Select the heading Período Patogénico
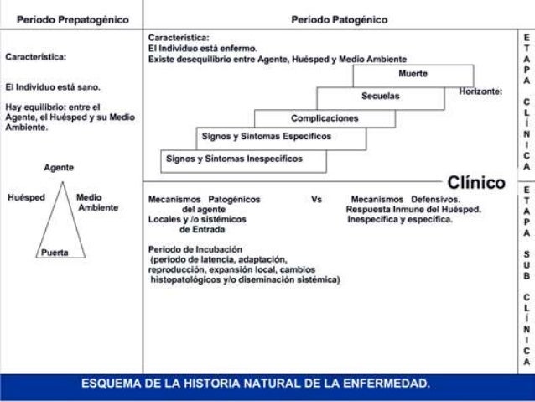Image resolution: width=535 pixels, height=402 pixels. (x=339, y=18)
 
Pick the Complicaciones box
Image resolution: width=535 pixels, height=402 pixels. (x=324, y=118)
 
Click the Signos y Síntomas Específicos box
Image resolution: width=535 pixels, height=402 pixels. (x=266, y=136)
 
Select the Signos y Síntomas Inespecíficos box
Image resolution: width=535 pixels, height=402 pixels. (x=234, y=158)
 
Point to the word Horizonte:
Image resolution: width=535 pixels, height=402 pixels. (x=480, y=91)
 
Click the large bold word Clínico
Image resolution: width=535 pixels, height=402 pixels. (x=475, y=182)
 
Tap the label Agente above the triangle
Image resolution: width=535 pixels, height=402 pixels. (x=59, y=168)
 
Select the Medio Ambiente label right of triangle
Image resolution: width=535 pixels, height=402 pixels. (x=96, y=203)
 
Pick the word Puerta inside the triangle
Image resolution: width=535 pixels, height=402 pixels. (x=55, y=251)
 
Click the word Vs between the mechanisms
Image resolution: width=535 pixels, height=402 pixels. (x=316, y=200)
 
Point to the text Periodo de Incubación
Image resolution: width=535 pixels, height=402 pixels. (x=195, y=249)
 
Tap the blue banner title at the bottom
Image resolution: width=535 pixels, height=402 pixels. (x=256, y=384)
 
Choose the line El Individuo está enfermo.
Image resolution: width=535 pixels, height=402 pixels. (x=202, y=49)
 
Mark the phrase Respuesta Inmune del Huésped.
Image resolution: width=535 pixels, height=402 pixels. (x=413, y=210)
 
